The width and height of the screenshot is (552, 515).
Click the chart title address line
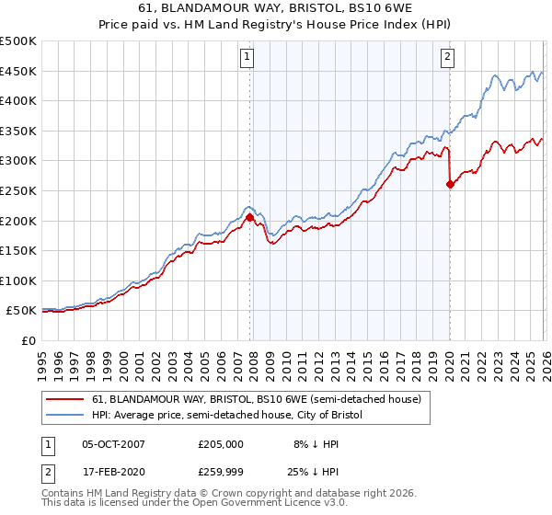276,8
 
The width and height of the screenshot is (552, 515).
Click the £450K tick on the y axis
18,71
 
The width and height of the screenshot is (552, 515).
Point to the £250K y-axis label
18,190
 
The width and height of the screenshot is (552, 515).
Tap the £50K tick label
21,311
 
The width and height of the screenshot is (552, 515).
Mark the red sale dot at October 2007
249,218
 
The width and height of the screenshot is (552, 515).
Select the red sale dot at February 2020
450,185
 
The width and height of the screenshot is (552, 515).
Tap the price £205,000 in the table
221,443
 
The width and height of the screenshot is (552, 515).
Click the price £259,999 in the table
221,474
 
